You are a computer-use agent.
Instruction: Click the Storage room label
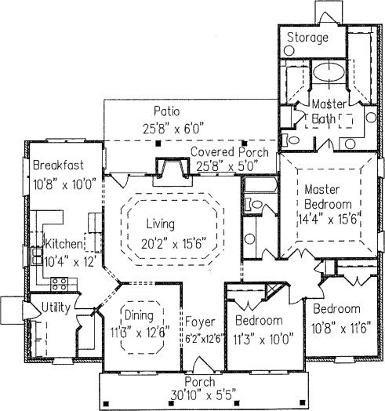pyautogui.click(x=307, y=38)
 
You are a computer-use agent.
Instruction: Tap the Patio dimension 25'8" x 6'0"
pyautogui.click(x=173, y=129)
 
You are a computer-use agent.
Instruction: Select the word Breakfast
pyautogui.click(x=58, y=165)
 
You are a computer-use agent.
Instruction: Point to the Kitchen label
pyautogui.click(x=64, y=244)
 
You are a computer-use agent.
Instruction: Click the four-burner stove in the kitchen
pyautogui.click(x=60, y=284)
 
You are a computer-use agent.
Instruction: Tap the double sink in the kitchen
pyautogui.click(x=37, y=256)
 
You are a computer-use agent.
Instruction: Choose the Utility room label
pyautogui.click(x=56, y=307)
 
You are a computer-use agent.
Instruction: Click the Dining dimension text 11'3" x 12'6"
pyautogui.click(x=140, y=333)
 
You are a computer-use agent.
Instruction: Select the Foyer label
pyautogui.click(x=200, y=322)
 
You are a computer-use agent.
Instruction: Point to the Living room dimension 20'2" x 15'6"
pyautogui.click(x=173, y=244)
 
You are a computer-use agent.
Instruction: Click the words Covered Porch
pyautogui.click(x=230, y=152)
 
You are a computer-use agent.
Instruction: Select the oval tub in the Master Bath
pyautogui.click(x=329, y=71)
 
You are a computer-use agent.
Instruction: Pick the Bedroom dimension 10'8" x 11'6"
pyautogui.click(x=341, y=329)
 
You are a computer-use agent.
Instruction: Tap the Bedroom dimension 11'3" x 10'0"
pyautogui.click(x=263, y=340)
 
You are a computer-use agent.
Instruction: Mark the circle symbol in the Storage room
pyautogui.click(x=289, y=50)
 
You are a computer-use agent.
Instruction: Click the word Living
pyautogui.click(x=160, y=224)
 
